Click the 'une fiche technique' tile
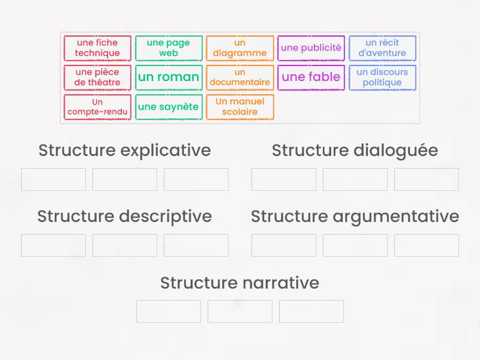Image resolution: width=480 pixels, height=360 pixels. click(x=97, y=48)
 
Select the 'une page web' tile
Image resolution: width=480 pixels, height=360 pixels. click(x=169, y=48)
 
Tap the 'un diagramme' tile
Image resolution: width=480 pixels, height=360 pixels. click(x=240, y=48)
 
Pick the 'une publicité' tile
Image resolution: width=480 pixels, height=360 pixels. click(x=311, y=48)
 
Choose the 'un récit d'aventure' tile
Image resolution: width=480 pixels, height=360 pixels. click(x=382, y=48)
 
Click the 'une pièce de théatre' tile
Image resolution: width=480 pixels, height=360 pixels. click(x=97, y=77)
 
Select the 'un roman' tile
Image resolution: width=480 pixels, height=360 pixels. click(x=169, y=77)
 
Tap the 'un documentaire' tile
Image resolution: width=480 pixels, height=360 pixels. click(x=240, y=77)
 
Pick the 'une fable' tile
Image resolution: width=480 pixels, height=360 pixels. click(x=311, y=77)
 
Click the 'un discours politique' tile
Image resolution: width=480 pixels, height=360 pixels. click(x=382, y=77)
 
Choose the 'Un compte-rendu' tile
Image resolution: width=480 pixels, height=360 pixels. click(x=97, y=107)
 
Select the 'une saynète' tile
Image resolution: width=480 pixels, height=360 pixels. click(x=169, y=107)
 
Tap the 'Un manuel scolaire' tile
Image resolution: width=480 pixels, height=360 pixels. click(x=240, y=107)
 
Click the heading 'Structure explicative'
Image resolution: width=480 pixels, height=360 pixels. click(x=125, y=150)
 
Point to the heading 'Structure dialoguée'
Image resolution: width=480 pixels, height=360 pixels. click(x=355, y=150)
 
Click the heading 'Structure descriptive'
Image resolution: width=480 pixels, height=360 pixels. click(x=125, y=216)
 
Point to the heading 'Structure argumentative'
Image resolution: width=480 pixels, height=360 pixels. click(x=355, y=216)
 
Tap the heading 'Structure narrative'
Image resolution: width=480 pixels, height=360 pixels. click(x=239, y=283)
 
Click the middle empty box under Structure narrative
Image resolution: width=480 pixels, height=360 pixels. click(x=240, y=311)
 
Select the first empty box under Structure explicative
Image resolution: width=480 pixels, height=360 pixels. click(x=53, y=179)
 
